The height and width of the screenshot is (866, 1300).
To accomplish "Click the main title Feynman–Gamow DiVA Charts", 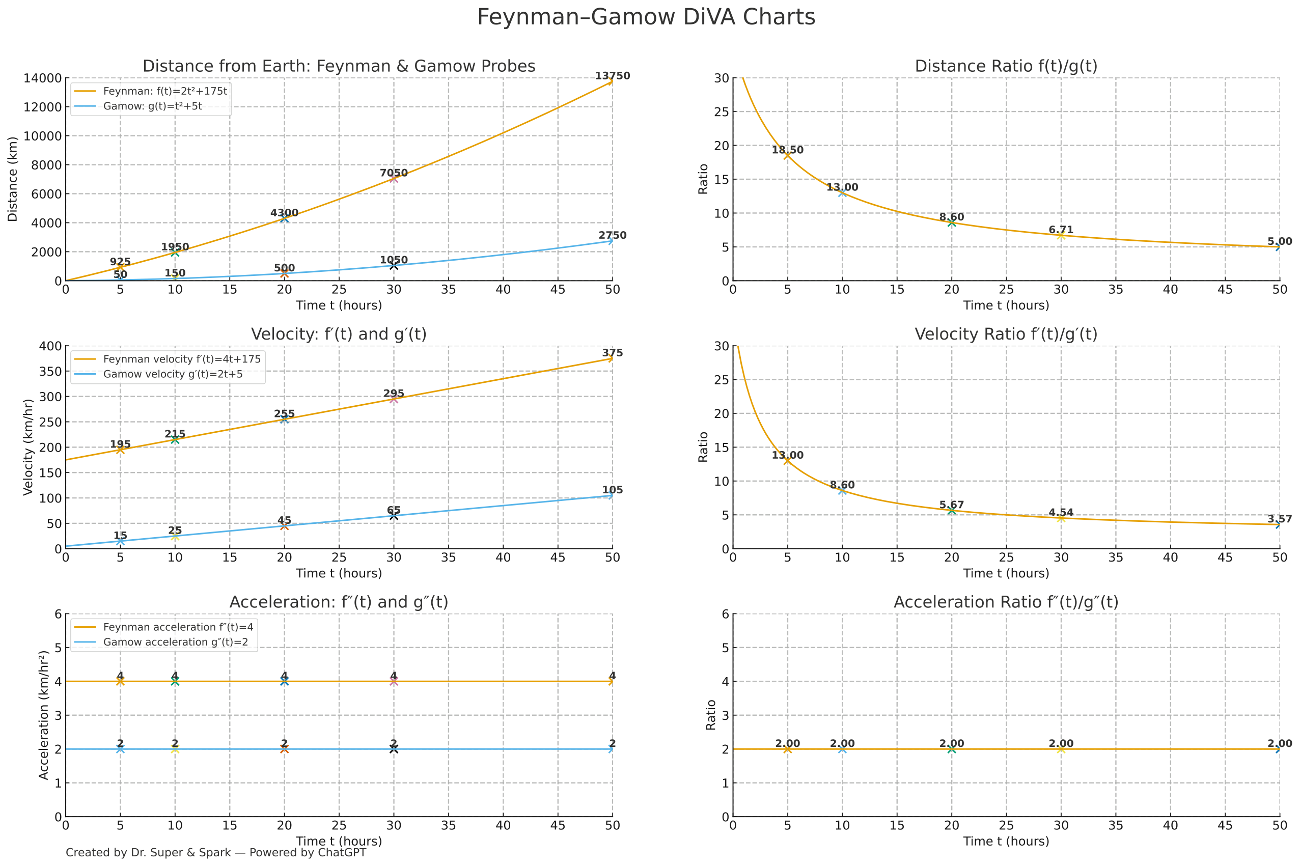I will (x=646, y=17).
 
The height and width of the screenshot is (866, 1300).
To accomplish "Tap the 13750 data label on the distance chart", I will (x=612, y=76).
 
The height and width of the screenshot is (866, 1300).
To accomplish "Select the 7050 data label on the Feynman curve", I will (x=393, y=173).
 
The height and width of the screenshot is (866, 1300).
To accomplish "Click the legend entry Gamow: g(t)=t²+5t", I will (x=152, y=106).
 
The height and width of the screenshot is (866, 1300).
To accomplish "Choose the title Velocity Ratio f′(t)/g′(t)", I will (x=1006, y=334).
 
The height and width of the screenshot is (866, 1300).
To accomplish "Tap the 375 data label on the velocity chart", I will (x=612, y=353).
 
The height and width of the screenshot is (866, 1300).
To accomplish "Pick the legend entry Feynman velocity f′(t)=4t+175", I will (x=182, y=359).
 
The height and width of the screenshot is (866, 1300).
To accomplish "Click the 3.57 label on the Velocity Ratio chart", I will (x=1279, y=519).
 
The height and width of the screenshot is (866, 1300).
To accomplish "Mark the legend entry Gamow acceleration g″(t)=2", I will (x=175, y=642).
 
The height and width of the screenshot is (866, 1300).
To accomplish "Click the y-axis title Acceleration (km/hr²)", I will (x=44, y=715).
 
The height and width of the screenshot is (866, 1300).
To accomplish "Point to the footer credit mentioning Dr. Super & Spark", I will (x=215, y=852).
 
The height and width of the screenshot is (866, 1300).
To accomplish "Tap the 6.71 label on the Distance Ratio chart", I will (x=1060, y=230).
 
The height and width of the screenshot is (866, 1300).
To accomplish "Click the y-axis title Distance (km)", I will (x=12, y=179).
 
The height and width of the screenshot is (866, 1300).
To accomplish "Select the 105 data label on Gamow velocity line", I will (x=612, y=490).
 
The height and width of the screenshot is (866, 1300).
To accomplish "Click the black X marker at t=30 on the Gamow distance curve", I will (x=393, y=266).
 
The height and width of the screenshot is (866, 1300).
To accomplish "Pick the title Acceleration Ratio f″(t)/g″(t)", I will (x=1006, y=602).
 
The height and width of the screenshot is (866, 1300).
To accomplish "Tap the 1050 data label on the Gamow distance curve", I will (x=393, y=260).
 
